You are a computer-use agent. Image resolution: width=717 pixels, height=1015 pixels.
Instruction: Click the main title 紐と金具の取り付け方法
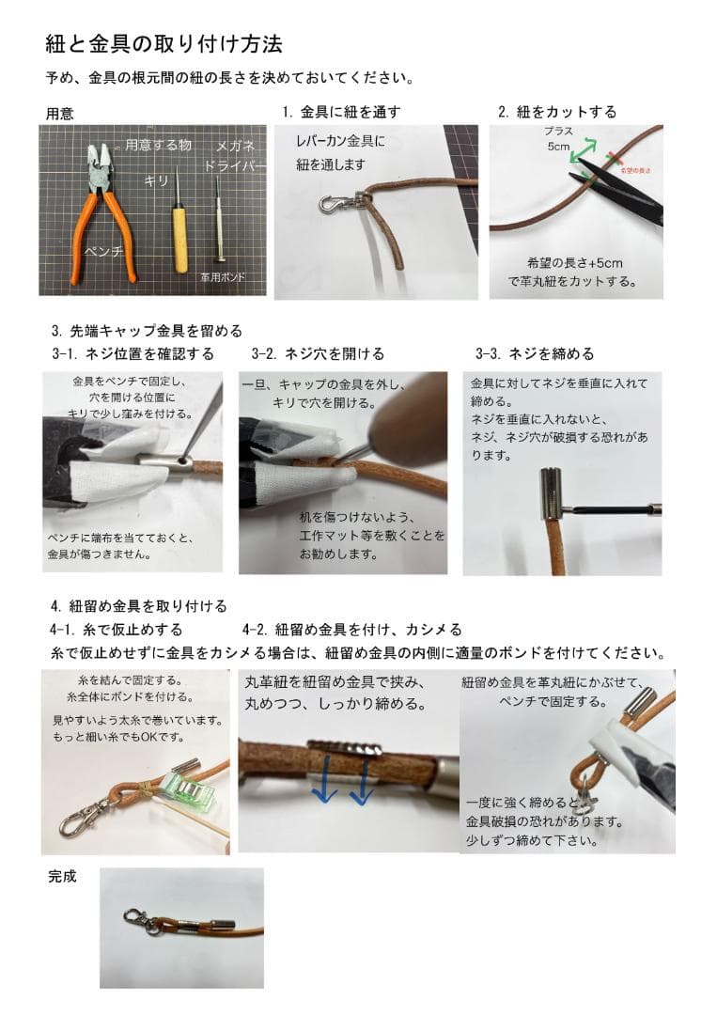(x=164, y=44)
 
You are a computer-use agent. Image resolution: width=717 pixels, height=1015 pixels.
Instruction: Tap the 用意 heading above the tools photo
(x=60, y=114)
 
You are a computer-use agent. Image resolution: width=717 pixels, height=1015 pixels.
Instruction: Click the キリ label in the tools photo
(x=155, y=180)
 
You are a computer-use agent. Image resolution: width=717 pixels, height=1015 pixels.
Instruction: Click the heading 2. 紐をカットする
(x=556, y=112)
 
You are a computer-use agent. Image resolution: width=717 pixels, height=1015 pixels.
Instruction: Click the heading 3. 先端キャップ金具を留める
(x=148, y=331)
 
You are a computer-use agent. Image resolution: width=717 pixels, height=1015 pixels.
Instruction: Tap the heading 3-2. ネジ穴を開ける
(x=318, y=354)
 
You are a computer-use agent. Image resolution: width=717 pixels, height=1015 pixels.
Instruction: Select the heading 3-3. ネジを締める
(x=535, y=354)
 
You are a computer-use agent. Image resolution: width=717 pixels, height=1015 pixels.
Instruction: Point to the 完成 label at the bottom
(x=62, y=877)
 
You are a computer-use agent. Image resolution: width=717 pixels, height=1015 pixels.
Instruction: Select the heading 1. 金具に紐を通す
(x=341, y=112)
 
